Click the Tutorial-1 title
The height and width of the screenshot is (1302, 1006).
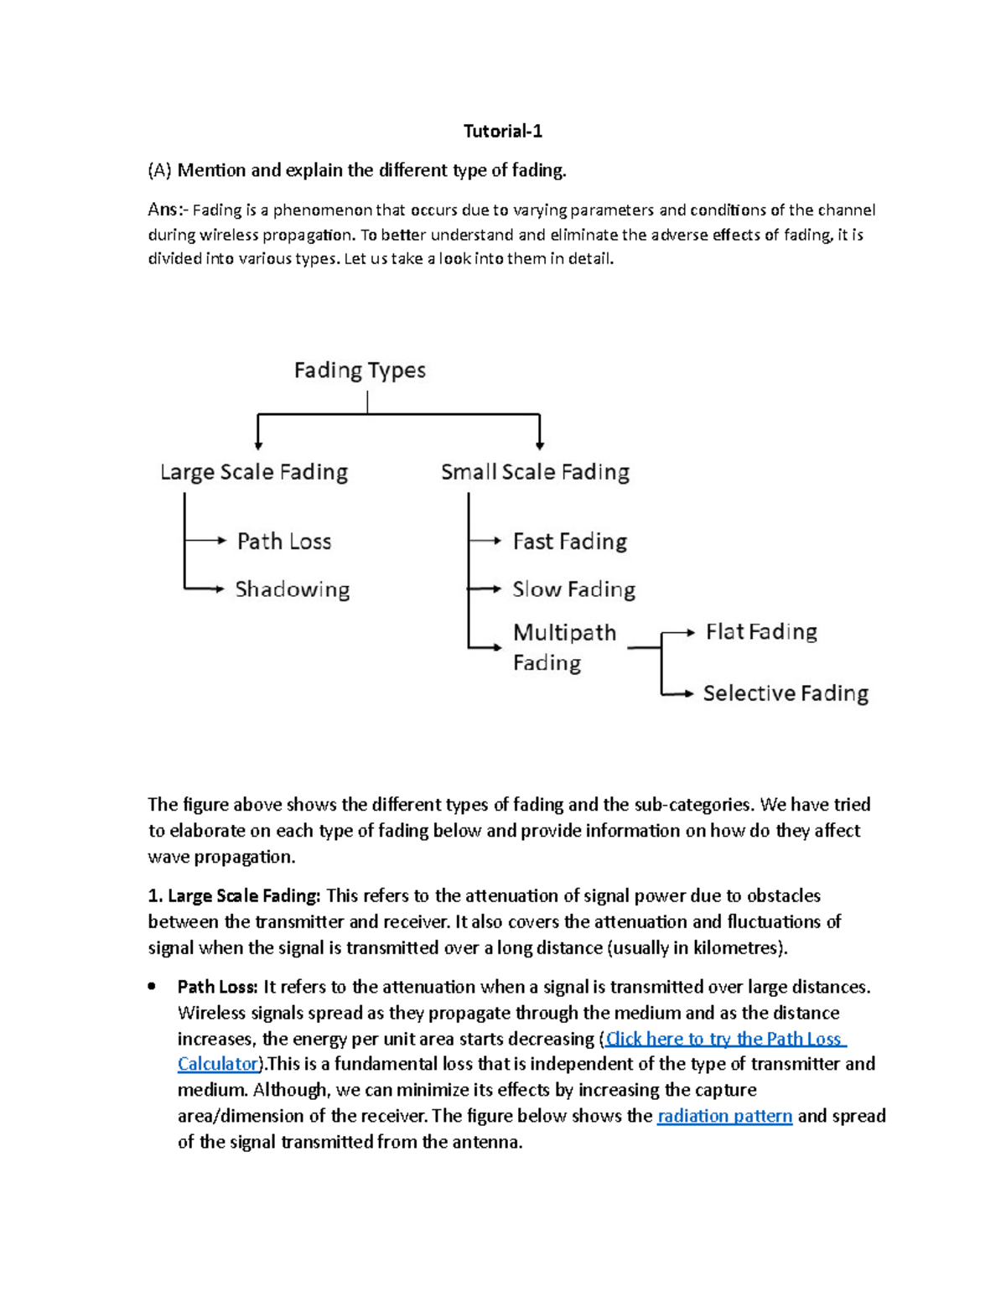(503, 131)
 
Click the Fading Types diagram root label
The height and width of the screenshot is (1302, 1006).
(360, 371)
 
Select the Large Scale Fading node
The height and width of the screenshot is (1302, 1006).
(254, 472)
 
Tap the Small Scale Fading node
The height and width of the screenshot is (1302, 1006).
(535, 472)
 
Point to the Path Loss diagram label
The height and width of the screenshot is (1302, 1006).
(284, 542)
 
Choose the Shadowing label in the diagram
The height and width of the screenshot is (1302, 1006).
(293, 589)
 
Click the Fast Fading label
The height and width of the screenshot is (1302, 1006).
(570, 542)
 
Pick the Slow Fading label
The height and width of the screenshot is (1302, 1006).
(574, 589)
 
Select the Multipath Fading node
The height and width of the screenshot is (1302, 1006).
(564, 646)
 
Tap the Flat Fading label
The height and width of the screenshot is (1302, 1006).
(761, 631)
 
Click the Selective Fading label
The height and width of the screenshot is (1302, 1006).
(786, 693)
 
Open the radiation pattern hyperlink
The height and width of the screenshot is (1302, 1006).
(724, 1116)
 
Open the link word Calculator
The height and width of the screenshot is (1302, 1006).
(218, 1064)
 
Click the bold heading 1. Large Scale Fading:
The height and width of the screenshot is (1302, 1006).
(234, 895)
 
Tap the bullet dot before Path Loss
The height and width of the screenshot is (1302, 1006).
(152, 987)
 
